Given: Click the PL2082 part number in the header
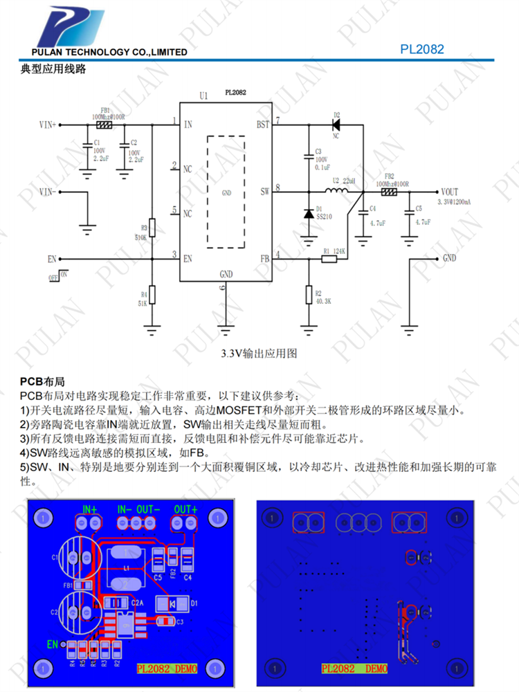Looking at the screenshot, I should (x=421, y=49).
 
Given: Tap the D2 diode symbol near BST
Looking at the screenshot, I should (x=337, y=125).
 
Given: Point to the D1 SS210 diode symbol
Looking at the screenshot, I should (x=309, y=212).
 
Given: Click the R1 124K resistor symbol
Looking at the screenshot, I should (x=329, y=259).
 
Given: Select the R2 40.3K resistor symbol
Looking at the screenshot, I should (x=309, y=295).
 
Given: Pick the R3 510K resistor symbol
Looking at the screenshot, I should (x=153, y=227).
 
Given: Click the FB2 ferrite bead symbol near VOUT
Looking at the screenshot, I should (x=390, y=192).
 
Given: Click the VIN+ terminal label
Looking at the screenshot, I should (x=48, y=125).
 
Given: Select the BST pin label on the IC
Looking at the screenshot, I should (x=263, y=125).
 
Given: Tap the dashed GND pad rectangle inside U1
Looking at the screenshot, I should (x=226, y=190).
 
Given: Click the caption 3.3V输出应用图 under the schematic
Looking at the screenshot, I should (x=259, y=353).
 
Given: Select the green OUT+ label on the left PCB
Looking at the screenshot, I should (x=185, y=509).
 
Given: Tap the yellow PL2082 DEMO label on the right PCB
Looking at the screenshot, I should (x=354, y=668).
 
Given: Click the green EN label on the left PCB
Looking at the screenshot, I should (x=53, y=644).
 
